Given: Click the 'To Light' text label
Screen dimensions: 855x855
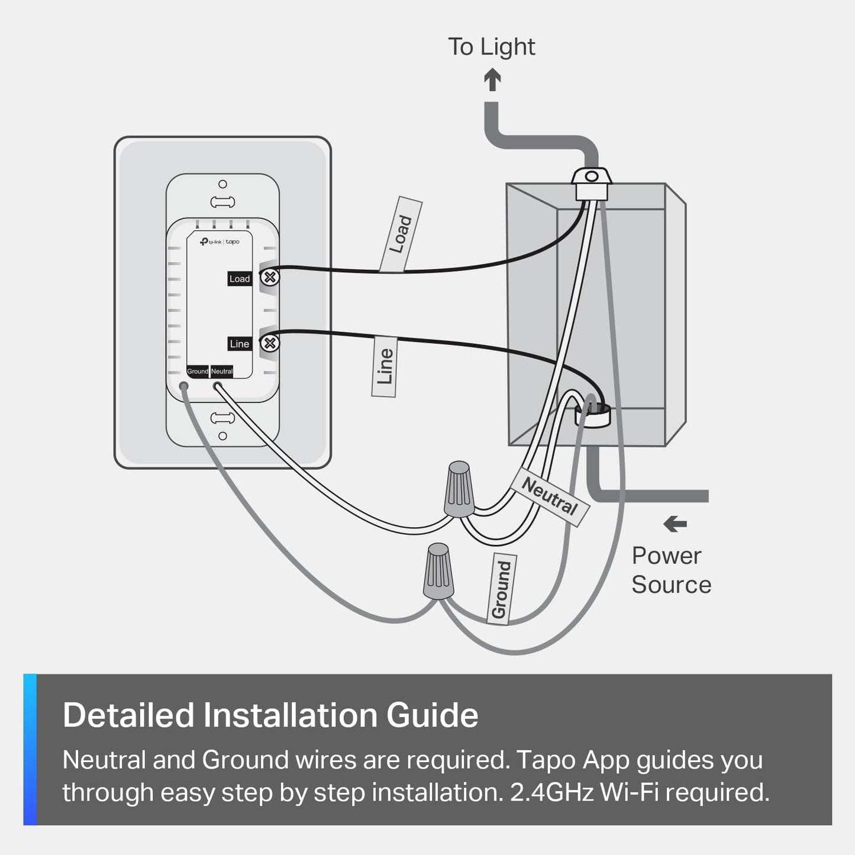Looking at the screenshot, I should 491,47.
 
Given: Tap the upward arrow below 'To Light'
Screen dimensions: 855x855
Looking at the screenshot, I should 492,80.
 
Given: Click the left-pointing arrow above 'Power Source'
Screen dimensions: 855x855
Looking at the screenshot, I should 675,524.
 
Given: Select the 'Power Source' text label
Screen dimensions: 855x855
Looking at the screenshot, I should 671,570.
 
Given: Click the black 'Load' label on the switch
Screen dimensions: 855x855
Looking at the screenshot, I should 240,279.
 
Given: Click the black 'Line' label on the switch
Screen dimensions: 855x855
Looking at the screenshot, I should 240,344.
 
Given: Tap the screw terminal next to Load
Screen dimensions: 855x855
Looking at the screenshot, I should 270,277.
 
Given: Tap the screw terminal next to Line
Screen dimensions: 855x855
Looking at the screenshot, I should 270,343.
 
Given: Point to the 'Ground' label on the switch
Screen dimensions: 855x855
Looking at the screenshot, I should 198,372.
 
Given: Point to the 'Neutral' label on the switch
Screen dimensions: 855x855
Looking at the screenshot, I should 222,372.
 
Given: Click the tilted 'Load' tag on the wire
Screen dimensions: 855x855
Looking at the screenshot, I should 401,234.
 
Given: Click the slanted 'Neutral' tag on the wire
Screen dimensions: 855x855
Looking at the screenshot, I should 550,496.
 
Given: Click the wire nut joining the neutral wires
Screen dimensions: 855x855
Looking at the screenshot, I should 459,489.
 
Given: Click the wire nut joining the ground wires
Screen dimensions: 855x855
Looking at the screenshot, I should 438,571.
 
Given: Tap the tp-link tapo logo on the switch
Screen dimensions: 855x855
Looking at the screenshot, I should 220,242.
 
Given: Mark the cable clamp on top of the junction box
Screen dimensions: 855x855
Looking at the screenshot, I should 591,179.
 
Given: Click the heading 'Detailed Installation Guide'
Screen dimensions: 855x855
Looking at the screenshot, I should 270,715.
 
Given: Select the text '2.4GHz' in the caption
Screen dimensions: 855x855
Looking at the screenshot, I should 551,792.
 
